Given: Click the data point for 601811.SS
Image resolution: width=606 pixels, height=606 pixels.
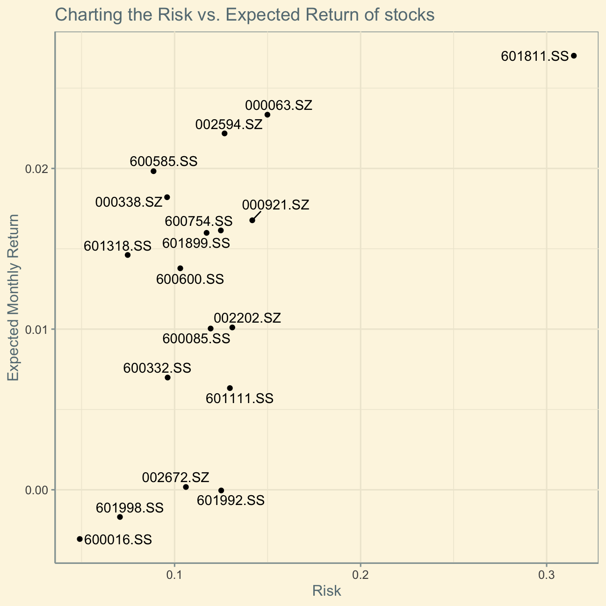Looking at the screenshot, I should click(x=574, y=56).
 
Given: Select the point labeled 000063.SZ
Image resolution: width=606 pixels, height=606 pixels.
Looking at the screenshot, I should click(x=267, y=115).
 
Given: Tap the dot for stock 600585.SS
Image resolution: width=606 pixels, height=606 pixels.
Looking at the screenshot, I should click(x=153, y=171).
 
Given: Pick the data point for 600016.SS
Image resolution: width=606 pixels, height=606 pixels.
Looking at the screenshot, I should click(x=79, y=539).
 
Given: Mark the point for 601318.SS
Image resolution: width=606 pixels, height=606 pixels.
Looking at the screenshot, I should click(x=128, y=255).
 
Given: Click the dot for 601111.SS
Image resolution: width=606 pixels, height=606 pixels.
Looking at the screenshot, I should click(x=230, y=388).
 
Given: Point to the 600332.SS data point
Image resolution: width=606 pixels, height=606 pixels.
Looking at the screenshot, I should click(x=167, y=377).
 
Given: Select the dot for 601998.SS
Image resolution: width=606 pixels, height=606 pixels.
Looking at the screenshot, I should click(x=120, y=517).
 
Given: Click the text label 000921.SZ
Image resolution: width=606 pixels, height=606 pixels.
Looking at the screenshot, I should click(x=275, y=205).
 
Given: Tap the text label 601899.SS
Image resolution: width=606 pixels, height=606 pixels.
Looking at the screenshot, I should click(x=196, y=244).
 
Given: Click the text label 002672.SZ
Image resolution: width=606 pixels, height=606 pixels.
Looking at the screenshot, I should click(x=175, y=477).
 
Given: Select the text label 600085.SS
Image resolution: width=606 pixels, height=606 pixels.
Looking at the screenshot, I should click(x=196, y=339).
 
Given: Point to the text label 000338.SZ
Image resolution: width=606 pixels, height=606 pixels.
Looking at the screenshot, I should click(x=129, y=202).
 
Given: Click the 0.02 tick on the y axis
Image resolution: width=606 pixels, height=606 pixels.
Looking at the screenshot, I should click(x=37, y=169).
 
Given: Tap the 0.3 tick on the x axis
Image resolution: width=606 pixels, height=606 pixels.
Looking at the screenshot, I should click(x=546, y=574).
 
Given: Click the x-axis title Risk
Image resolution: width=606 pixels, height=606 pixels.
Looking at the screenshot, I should click(x=326, y=591).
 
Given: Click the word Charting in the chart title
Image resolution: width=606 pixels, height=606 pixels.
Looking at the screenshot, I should click(x=86, y=15).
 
